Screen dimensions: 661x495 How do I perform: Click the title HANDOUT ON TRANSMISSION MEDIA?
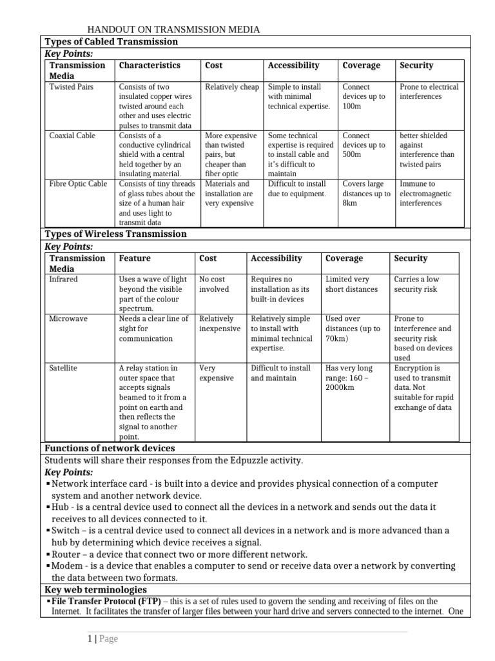174,29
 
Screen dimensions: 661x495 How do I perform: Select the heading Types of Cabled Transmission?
111,42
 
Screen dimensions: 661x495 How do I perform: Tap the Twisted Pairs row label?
71,86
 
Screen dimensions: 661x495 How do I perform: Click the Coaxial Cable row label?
72,136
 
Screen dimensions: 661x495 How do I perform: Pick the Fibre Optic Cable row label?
78,184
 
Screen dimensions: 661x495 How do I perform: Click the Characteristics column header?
150,65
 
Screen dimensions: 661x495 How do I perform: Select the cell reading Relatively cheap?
231,86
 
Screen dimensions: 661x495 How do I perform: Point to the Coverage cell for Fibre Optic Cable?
366,194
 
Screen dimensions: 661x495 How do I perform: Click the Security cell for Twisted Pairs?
429,92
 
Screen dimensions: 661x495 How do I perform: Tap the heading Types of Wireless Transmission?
115,234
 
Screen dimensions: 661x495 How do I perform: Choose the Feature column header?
135,258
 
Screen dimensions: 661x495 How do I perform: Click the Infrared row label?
63,280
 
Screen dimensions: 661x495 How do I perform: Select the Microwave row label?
68,319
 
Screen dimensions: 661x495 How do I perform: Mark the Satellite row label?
63,368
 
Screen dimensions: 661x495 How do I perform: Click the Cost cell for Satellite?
217,372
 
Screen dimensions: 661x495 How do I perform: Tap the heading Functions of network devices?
110,449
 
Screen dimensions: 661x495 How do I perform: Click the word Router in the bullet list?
66,554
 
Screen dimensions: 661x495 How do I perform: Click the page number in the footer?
90,639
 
